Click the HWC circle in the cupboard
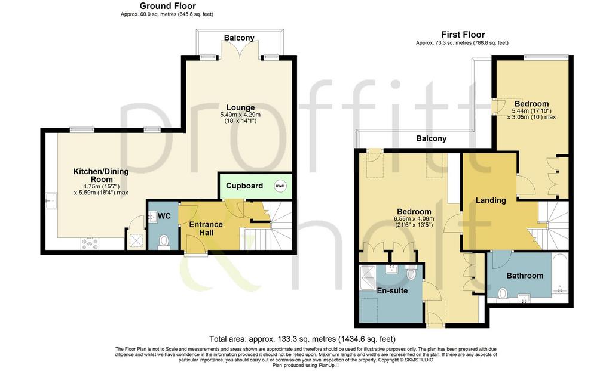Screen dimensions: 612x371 (280, 186)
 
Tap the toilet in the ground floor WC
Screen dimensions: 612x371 (164, 240)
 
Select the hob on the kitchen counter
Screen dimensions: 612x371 (90, 243)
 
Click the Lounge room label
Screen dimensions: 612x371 (241, 107)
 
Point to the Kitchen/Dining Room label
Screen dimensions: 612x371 (101, 175)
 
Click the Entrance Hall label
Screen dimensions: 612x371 (206, 228)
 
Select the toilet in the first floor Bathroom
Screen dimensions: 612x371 (503, 295)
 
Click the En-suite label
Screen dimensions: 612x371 (392, 290)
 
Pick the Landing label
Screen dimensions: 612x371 (491, 200)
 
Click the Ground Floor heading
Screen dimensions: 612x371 (168, 6)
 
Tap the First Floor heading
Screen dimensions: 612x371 (463, 35)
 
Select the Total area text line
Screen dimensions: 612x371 (302, 339)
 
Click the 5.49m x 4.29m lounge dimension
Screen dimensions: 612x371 (240, 115)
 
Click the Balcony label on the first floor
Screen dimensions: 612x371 (432, 138)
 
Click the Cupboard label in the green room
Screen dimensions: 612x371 (244, 186)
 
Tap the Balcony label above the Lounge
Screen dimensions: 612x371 (239, 38)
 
